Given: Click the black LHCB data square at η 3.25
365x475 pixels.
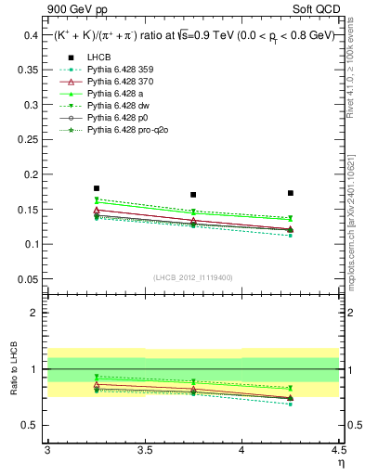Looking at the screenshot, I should [x=97, y=188].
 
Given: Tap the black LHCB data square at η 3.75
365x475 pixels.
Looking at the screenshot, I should [x=193, y=195].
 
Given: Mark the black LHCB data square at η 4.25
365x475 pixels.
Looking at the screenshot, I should [x=291, y=193].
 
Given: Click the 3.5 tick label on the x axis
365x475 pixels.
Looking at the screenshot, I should [x=144, y=449].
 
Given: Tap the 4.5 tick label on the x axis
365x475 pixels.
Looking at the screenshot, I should [x=338, y=449].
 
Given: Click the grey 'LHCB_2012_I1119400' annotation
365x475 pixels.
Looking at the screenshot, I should [x=193, y=277].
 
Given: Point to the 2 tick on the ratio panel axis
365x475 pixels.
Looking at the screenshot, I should [x=38, y=313].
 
